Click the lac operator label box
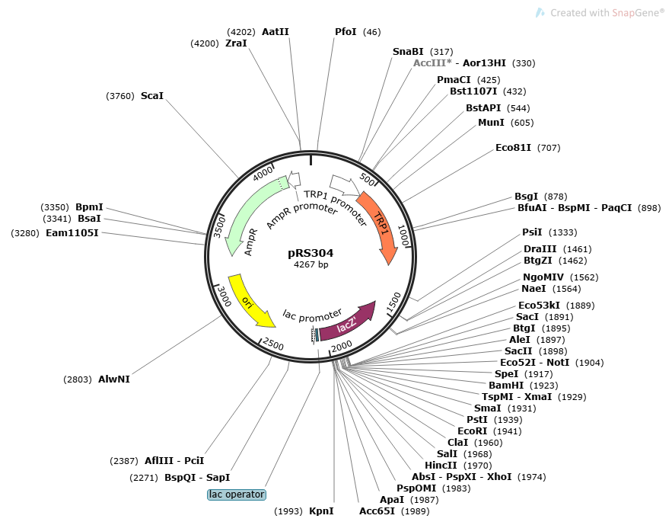237,495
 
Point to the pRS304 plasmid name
311,253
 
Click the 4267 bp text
311,264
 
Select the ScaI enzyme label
152,96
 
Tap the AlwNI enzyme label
114,379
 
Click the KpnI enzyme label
321,511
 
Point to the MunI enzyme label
491,122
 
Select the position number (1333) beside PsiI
563,232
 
